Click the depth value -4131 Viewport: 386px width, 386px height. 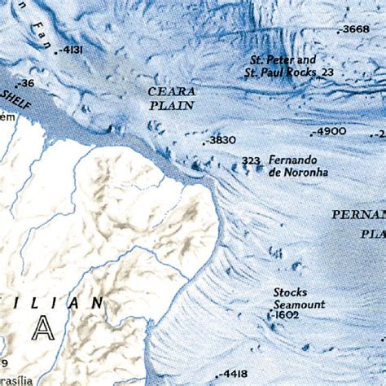(71, 50)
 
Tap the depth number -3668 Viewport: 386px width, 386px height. (355, 29)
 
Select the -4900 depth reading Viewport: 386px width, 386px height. (331, 131)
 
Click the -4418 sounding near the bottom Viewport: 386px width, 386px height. (231, 374)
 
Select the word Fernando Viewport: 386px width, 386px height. (292, 160)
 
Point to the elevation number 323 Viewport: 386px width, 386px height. (251, 161)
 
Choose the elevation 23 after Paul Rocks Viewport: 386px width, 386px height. (328, 72)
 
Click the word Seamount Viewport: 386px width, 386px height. (299, 304)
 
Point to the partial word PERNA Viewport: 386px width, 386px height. (358, 215)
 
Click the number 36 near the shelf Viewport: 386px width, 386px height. (26, 83)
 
